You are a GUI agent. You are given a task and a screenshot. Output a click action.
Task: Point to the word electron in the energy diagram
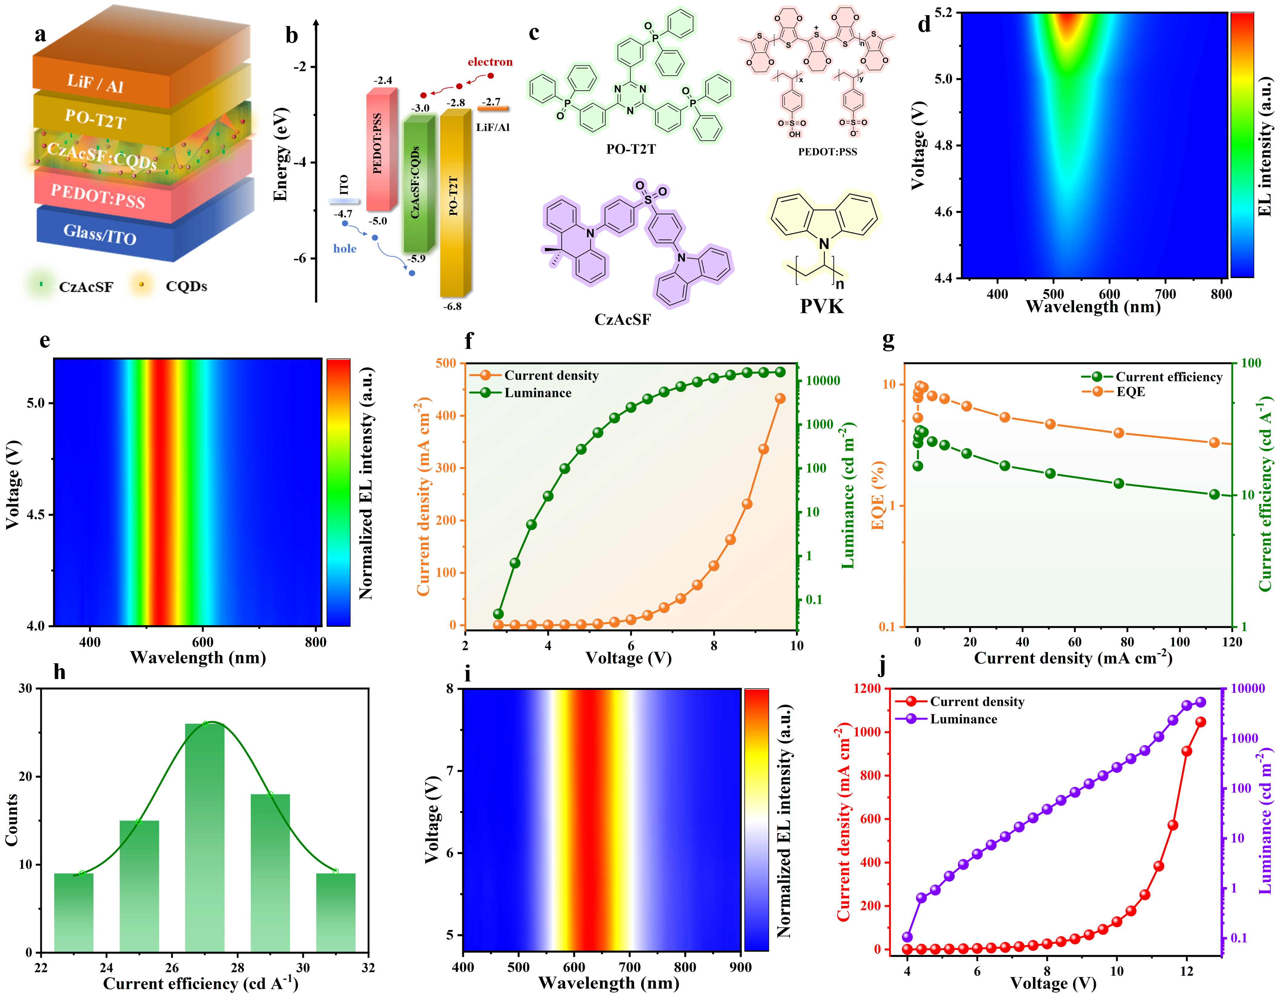pyautogui.click(x=490, y=62)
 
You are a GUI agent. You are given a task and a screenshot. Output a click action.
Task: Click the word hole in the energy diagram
pyautogui.click(x=345, y=248)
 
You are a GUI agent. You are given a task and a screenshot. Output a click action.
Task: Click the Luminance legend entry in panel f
pyautogui.click(x=538, y=393)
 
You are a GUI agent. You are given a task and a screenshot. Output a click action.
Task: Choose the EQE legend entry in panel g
pyautogui.click(x=1131, y=392)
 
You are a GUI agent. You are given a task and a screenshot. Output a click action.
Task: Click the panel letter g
pyautogui.click(x=888, y=340)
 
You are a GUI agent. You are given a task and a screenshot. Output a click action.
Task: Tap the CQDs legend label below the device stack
pyautogui.click(x=186, y=286)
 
